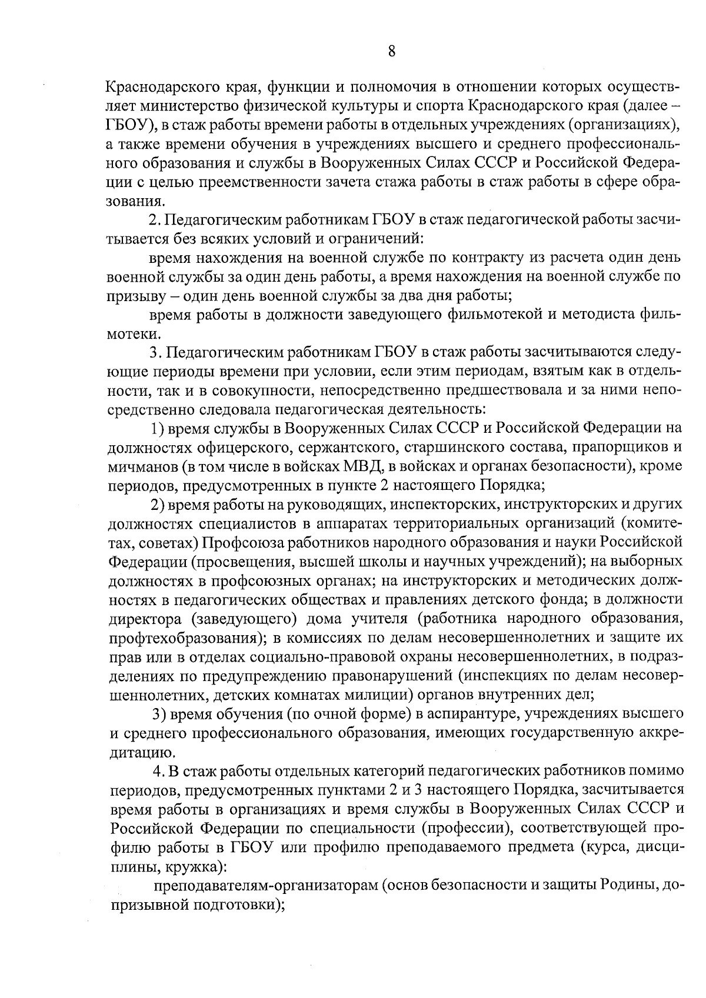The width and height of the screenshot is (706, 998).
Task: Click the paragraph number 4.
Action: tap(157, 770)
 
